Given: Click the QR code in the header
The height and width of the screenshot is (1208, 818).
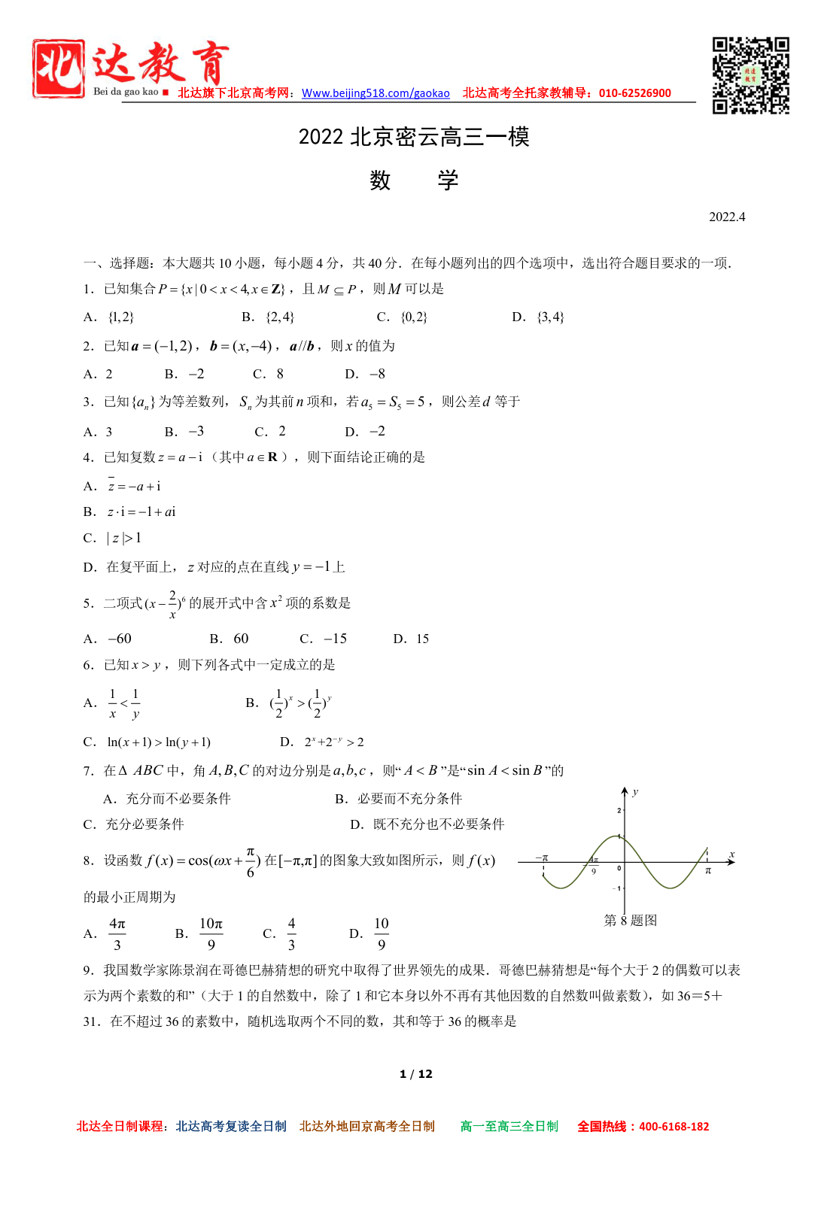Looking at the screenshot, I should coord(750,75).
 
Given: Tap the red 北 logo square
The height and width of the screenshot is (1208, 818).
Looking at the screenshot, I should coord(58,68).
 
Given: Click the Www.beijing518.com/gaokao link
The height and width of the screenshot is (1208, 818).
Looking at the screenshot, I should coord(376,93).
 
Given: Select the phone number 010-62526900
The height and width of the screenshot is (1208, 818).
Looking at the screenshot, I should coord(635,93).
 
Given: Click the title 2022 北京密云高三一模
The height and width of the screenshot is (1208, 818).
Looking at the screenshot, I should coord(414,137).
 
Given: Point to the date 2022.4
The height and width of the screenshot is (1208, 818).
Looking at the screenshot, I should coord(727,217).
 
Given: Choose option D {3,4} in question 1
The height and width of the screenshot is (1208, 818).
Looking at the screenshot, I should coord(539,317).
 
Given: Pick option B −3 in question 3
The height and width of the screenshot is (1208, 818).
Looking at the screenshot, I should coord(185,431).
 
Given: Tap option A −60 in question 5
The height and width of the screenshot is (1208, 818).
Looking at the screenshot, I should coord(108,639).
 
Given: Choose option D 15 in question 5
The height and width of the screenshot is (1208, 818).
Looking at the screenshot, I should coord(412,639).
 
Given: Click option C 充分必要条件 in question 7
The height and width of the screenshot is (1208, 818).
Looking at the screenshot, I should coord(134,824).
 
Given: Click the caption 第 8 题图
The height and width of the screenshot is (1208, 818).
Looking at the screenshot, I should coord(631,920).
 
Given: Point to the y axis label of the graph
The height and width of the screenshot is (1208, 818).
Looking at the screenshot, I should coord(635,792).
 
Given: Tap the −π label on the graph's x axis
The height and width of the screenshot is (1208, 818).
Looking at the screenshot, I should coord(542,857).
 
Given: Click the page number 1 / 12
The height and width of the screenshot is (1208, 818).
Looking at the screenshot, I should coord(416,1073).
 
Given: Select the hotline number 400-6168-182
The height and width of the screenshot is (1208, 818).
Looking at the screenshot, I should coord(674,1126).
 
